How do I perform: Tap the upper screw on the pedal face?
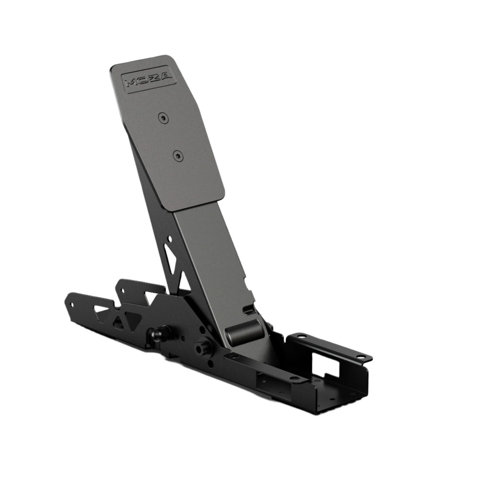click(163, 118)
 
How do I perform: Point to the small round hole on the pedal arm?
click(170, 239)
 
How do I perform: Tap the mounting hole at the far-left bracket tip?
click(72, 305)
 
